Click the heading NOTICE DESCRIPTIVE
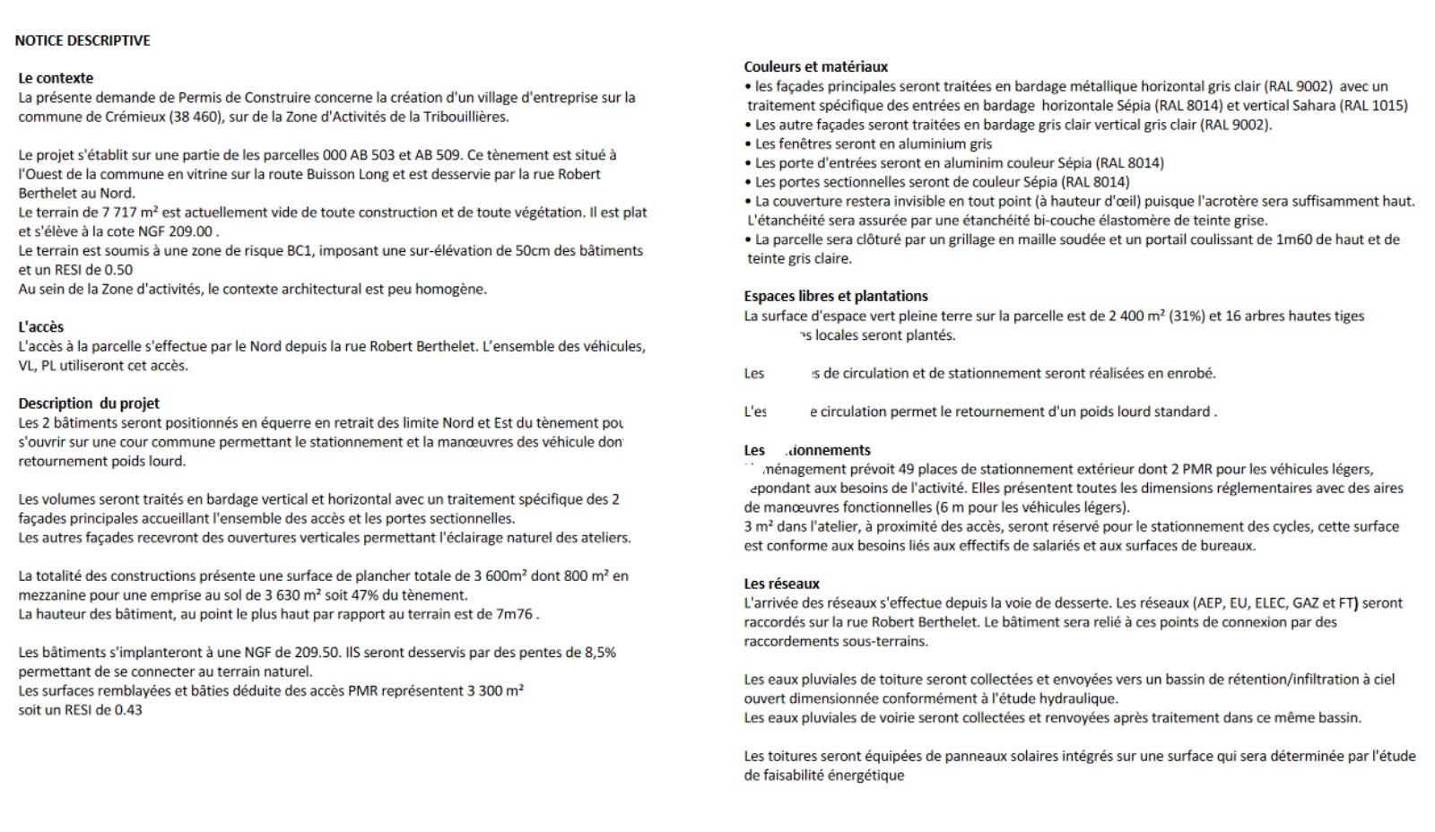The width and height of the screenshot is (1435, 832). coord(83,40)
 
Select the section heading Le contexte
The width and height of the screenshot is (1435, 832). coord(56,78)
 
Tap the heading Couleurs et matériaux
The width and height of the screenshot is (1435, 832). coord(815,66)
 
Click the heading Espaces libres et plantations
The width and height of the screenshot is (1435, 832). coord(835,296)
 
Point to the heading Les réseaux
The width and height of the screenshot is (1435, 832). coord(781,584)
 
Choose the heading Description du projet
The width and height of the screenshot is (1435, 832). coord(89,403)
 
